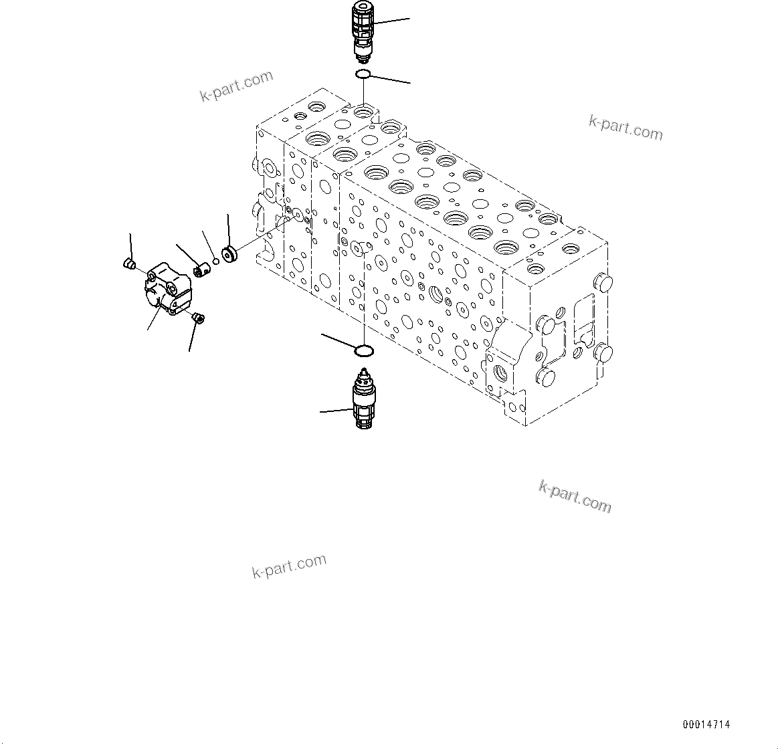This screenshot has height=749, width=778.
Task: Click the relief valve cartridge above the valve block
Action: pos(362,30)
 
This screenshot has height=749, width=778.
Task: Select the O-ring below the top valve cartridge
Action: pos(362,73)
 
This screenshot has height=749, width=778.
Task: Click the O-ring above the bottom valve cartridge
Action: pos(363,350)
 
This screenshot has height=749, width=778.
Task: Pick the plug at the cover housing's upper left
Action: pos(130,265)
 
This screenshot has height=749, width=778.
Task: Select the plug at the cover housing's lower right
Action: pos(198,318)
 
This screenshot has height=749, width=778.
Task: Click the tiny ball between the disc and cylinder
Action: pos(215,261)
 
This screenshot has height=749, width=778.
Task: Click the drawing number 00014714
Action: pos(706,725)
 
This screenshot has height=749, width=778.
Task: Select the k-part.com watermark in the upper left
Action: pos(237,86)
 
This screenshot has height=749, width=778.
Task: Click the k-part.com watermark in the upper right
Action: pos(625,127)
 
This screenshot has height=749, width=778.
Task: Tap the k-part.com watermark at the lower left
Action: pos(289,566)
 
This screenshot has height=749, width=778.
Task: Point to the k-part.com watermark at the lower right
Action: pos(575,496)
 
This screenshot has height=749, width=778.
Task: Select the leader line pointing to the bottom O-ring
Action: pos(340,340)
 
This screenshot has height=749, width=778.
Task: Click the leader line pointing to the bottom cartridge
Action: pos(336,411)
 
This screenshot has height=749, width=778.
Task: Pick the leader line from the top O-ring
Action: pos(390,79)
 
